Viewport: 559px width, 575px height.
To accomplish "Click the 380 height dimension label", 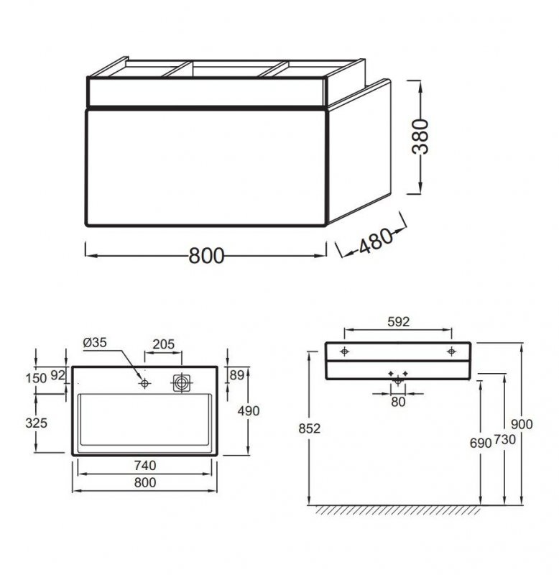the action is click(x=420, y=136).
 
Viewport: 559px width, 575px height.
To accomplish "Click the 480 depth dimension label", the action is click(x=376, y=241).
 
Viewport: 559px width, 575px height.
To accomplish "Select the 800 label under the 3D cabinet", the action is click(x=206, y=256).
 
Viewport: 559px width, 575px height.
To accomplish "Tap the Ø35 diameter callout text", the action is click(x=95, y=343).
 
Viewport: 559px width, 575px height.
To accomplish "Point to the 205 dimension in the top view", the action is click(x=164, y=344).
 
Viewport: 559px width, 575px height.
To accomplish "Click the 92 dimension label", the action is click(x=57, y=375).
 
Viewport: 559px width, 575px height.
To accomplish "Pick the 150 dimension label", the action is click(x=36, y=378).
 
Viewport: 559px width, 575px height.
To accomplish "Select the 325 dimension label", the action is click(x=37, y=423).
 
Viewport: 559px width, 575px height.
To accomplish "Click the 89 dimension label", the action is click(x=237, y=375).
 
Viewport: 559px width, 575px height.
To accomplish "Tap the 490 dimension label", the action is click(x=249, y=411).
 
